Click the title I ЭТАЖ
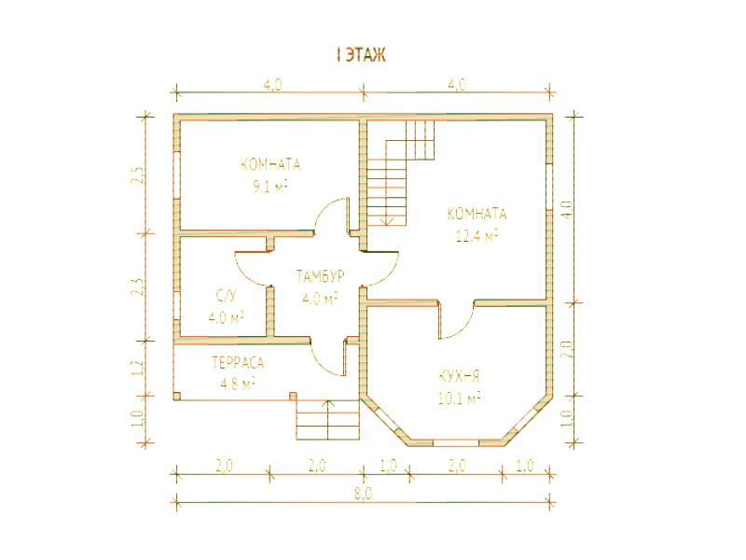click(361, 54)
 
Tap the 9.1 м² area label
click(269, 187)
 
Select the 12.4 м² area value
click(477, 235)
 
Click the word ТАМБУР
click(320, 276)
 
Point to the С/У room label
click(226, 296)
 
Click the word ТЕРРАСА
click(238, 363)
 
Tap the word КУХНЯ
click(459, 377)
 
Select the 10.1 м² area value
click(459, 398)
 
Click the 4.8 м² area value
click(238, 384)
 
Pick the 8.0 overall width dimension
click(363, 494)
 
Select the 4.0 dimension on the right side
click(567, 208)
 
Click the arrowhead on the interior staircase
click(387, 220)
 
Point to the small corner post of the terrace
click(177, 396)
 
